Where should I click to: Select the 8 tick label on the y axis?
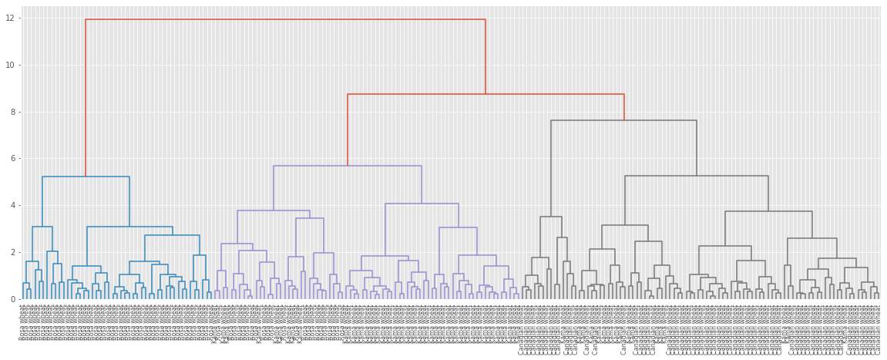[10, 112]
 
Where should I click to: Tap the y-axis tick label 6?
[10, 159]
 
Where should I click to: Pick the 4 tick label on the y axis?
[10, 205]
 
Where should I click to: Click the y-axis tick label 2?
[10, 252]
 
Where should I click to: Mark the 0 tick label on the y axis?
[10, 299]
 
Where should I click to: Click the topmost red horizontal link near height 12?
[285, 19]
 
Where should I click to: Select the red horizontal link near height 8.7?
[485, 94]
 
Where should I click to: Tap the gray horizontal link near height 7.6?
[623, 120]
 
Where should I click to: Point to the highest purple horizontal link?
[347, 166]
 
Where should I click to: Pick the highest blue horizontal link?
[86, 177]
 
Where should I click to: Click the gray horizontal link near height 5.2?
[696, 176]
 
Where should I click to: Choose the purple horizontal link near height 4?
[422, 204]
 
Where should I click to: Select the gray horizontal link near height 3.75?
[768, 211]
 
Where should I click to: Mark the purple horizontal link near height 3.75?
[273, 210]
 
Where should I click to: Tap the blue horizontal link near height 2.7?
[172, 235]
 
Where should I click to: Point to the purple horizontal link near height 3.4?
[309, 218]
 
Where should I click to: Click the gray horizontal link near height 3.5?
[550, 217]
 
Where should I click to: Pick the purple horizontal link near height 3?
[458, 227]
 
